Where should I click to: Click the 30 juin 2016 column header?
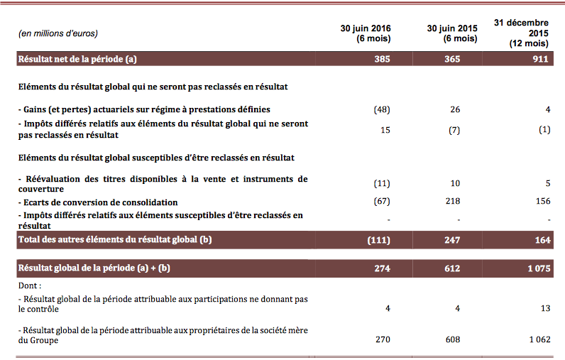tap(366, 33)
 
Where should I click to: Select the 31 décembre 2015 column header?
tap(521, 33)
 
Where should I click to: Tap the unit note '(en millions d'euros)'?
tap(58, 33)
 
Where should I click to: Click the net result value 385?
tap(382, 59)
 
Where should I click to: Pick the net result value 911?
tap(540, 59)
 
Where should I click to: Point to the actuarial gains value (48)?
tap(382, 109)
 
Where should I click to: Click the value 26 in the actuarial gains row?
tap(455, 109)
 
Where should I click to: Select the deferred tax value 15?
tap(385, 130)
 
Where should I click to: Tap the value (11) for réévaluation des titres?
tap(382, 183)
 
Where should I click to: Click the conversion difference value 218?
tap(453, 201)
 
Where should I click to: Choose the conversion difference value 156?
tap(543, 201)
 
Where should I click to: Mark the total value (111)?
tap(379, 240)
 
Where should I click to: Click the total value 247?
tap(452, 240)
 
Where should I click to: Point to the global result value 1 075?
tap(539, 268)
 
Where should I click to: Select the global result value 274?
tap(382, 268)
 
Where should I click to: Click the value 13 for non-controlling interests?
tap(546, 308)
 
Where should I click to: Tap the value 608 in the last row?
tap(453, 339)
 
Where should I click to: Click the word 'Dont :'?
tap(30, 285)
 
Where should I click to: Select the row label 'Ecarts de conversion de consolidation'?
tap(98, 202)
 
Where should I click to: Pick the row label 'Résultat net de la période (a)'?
tap(77, 59)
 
